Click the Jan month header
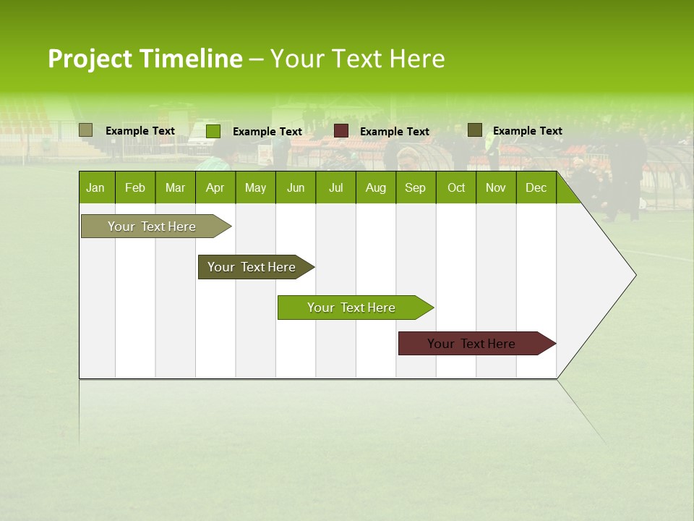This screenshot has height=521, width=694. (x=96, y=187)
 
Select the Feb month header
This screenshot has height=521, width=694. (x=135, y=187)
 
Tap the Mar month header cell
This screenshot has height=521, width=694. (x=175, y=187)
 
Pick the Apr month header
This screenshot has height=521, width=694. (x=215, y=187)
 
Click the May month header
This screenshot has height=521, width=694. (x=255, y=187)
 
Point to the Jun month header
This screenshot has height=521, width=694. (x=296, y=187)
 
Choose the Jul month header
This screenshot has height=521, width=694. (x=335, y=187)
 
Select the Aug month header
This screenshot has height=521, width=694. (x=376, y=187)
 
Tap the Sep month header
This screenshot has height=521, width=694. (x=416, y=187)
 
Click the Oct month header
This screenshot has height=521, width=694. (x=456, y=187)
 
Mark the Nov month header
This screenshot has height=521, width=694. (x=496, y=187)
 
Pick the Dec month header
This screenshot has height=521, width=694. (x=536, y=187)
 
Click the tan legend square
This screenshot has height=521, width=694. (x=86, y=130)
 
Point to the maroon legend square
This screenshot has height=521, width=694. (x=341, y=131)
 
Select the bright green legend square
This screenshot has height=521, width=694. (x=213, y=131)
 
